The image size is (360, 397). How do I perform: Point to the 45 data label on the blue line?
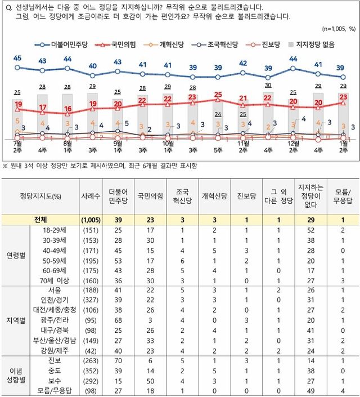pos(17,58)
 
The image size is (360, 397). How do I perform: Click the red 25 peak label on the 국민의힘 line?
pos(218,94)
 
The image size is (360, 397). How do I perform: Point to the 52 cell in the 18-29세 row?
pos(310,229)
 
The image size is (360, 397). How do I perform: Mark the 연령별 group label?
pos(15,254)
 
